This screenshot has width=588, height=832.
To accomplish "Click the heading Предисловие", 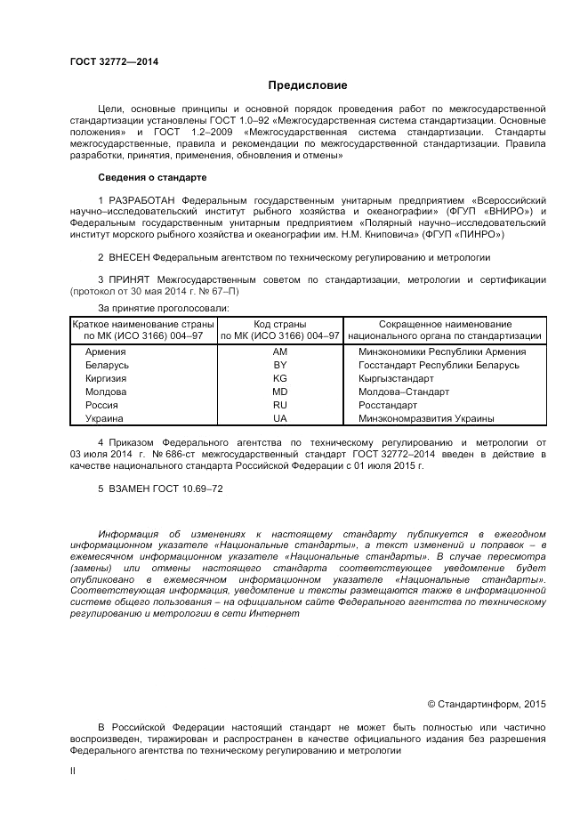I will click(308, 85).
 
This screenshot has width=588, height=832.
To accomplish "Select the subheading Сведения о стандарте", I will click(152, 178).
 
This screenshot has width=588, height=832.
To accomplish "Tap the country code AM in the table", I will click(280, 351).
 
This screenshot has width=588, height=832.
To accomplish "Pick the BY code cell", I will click(280, 365).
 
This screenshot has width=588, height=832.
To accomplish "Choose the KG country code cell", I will click(280, 378).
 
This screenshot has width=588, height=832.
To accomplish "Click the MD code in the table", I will click(280, 392).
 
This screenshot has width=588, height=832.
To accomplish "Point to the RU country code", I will click(280, 405).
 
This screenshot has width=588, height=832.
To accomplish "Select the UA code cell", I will click(280, 418).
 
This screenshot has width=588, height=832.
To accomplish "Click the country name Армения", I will click(105, 351).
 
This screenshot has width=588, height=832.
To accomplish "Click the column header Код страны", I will click(280, 324).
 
